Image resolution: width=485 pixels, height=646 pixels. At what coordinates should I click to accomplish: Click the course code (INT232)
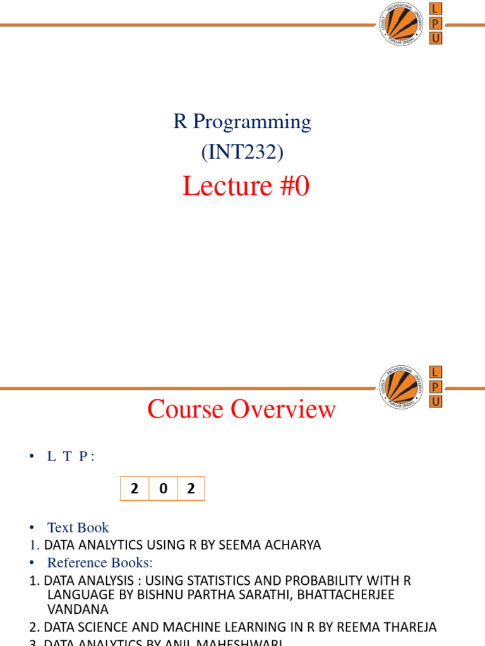pyautogui.click(x=242, y=151)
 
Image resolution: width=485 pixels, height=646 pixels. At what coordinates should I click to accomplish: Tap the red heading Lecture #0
pyautogui.click(x=246, y=186)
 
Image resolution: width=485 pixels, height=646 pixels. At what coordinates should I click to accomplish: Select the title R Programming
pyautogui.click(x=242, y=121)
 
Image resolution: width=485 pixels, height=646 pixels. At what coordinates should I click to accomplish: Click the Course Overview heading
pyautogui.click(x=241, y=409)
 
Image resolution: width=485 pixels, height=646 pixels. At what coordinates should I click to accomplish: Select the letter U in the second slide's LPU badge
pyautogui.click(x=436, y=401)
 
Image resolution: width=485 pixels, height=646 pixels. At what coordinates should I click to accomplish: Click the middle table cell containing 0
pyautogui.click(x=164, y=488)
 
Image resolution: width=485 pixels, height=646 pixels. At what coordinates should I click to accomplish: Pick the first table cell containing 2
pyautogui.click(x=135, y=488)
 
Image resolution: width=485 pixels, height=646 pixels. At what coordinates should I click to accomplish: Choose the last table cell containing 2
pyautogui.click(x=190, y=488)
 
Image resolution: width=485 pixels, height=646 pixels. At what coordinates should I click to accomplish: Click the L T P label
pyautogui.click(x=71, y=457)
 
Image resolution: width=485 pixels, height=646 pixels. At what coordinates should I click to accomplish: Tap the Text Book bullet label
pyautogui.click(x=78, y=527)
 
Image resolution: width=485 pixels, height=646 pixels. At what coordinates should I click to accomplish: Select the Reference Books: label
pyautogui.click(x=100, y=562)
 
